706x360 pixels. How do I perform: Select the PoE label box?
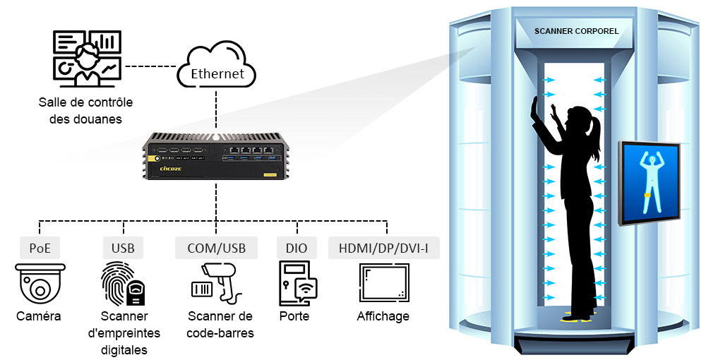point(40,248)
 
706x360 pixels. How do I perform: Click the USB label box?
point(123,248)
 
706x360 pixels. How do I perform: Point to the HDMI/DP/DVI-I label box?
point(384,248)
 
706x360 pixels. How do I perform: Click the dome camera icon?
point(40,284)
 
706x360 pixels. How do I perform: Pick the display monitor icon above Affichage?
point(383,284)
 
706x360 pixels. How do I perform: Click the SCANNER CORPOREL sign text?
point(577,31)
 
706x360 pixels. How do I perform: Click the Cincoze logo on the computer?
point(172,169)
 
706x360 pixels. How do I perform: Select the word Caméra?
point(39,316)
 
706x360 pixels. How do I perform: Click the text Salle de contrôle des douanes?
point(85,111)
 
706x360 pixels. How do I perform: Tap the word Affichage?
point(383,316)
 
